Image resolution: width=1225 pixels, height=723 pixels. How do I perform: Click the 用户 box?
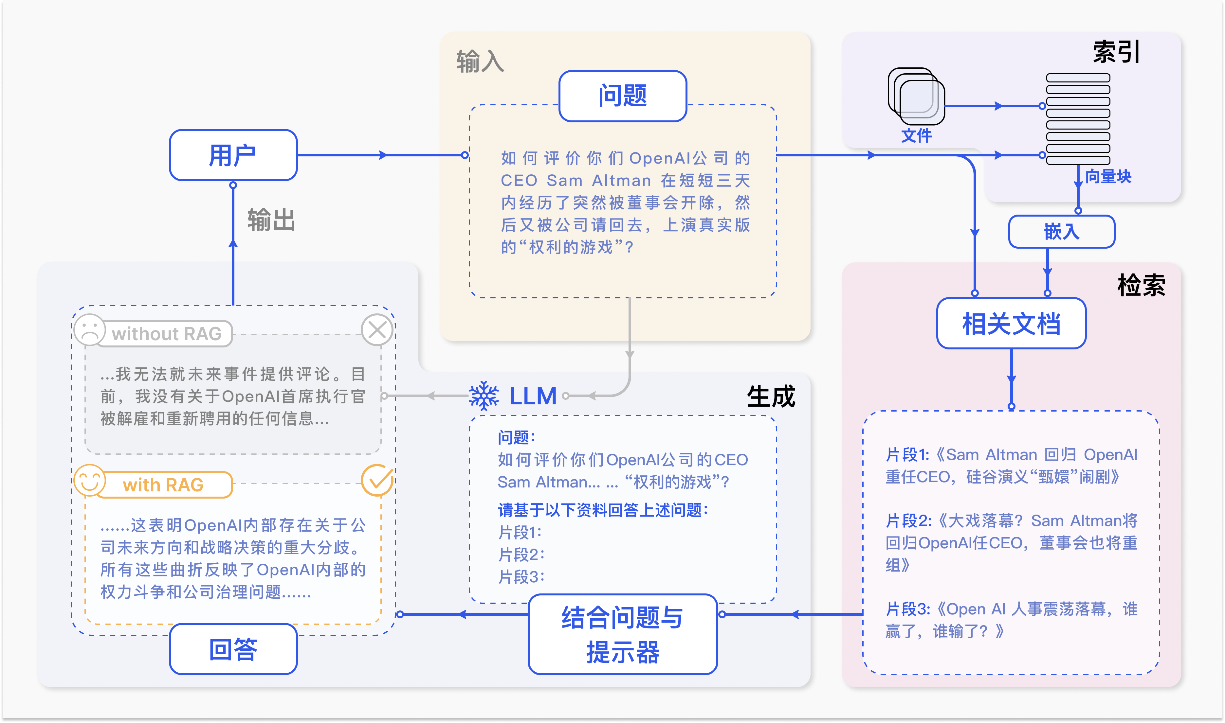[x=233, y=155]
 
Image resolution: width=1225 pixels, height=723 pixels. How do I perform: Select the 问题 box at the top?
[x=623, y=96]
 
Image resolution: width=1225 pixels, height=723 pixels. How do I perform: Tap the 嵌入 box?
[x=1061, y=231]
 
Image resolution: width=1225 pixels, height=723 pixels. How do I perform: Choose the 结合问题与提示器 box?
[x=623, y=634]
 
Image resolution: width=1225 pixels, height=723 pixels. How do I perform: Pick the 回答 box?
[x=233, y=649]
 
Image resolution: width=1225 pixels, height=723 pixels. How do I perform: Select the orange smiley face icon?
[x=90, y=480]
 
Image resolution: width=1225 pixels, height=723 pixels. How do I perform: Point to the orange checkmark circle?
[x=377, y=480]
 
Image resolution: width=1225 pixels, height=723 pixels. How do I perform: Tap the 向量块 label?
[x=1108, y=176]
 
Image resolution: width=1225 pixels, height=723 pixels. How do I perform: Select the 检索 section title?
[x=1141, y=285]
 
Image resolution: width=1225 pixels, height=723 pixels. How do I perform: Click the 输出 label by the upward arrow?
[x=271, y=220]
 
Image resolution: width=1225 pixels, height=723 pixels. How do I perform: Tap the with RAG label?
[x=163, y=485]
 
